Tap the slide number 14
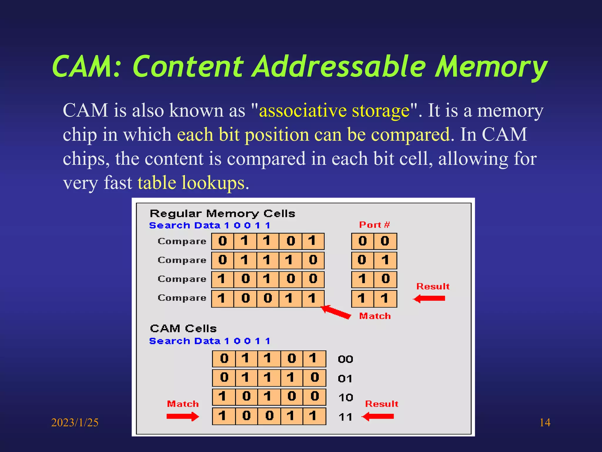[545, 423]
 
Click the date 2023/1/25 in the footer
[75, 423]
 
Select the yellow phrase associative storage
[334, 111]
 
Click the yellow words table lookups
[191, 183]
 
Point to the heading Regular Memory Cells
[222, 213]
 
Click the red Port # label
[374, 225]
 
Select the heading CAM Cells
[183, 328]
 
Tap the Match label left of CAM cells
[183, 404]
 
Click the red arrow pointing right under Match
[183, 416]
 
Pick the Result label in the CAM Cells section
[381, 404]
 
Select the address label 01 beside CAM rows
[345, 378]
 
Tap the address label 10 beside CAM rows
[345, 398]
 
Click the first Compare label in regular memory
[182, 241]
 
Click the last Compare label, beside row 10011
[182, 298]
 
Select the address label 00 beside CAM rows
[345, 359]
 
